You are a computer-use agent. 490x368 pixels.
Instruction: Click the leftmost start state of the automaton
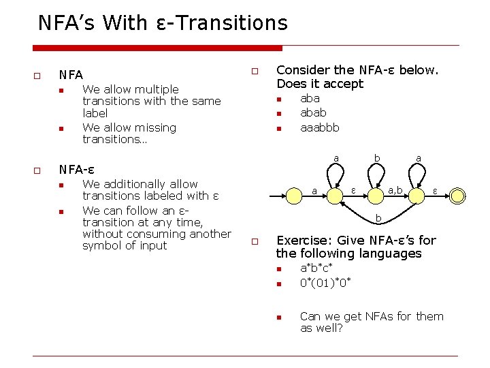(x=335, y=196)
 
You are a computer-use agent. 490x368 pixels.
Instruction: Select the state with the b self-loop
(x=376, y=196)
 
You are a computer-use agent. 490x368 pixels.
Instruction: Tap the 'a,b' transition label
(x=395, y=188)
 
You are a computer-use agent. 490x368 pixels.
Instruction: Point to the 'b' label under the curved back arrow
(x=378, y=219)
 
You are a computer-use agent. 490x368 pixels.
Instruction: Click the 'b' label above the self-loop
(x=376, y=158)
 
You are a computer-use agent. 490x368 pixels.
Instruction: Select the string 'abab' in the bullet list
(x=313, y=113)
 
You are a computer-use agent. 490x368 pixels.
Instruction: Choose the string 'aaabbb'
(x=319, y=127)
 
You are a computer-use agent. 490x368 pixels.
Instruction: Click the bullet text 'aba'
(x=310, y=99)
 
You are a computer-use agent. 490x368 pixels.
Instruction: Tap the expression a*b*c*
(x=317, y=269)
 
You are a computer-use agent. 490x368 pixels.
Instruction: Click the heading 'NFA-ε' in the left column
(x=76, y=170)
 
